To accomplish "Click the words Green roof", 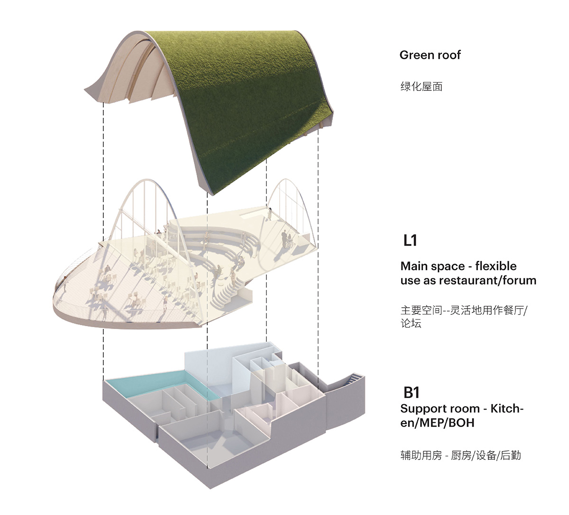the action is (430, 55).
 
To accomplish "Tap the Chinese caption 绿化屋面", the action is (422, 87).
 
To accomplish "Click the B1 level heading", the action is (411, 392).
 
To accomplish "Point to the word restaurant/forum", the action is (487, 280).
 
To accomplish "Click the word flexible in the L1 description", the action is (496, 266).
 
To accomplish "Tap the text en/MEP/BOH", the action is (437, 423).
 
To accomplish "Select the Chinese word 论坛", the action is (411, 323).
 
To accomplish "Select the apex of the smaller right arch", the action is (286, 179).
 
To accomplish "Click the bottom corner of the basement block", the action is (210, 489).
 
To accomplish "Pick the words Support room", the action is (440, 409).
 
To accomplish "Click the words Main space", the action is (432, 266).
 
